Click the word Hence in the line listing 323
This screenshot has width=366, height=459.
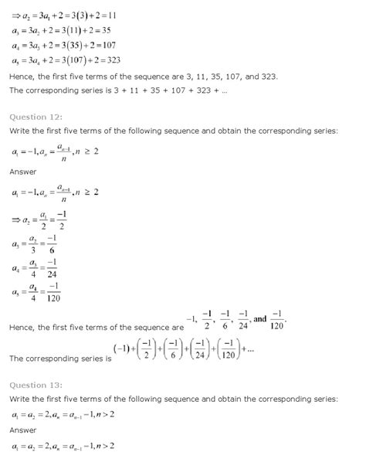pyautogui.click(x=22, y=76)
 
